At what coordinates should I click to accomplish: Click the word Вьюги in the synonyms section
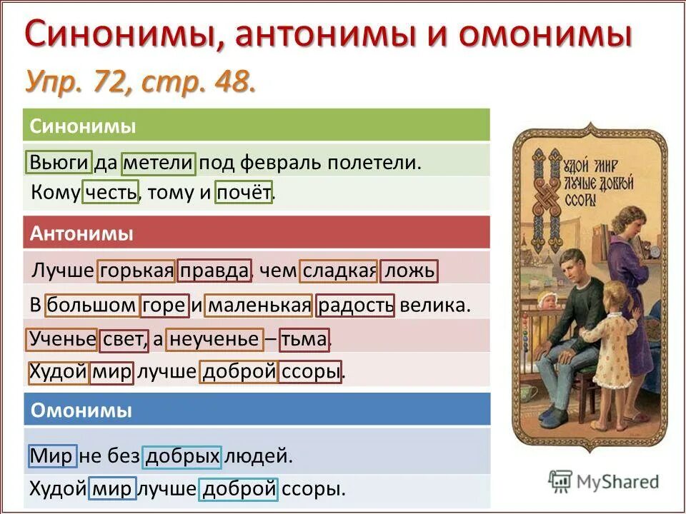pos(60,163)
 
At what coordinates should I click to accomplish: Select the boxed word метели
pos(158,163)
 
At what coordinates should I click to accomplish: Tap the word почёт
pos(244,193)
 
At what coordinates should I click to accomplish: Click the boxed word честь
pos(110,193)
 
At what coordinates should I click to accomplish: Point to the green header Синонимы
pos(84,126)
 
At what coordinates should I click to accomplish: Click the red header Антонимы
pos(82,233)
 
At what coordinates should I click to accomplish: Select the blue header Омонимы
pos(81,411)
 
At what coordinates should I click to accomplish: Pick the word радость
pos(355,306)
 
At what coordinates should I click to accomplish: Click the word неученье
pos(214,339)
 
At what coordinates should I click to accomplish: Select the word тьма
pos(304,339)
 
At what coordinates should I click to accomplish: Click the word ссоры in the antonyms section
pos(310,372)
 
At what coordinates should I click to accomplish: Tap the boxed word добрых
pos(182,455)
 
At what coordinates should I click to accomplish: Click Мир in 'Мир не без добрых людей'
pos(51,455)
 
